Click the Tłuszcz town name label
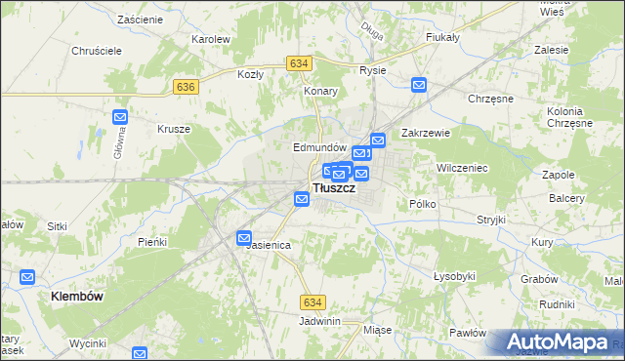(x=333, y=188)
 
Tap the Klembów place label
(x=77, y=295)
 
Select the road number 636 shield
(x=187, y=87)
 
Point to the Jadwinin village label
(x=320, y=321)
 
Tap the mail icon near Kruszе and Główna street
(x=120, y=117)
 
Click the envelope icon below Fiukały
(x=419, y=85)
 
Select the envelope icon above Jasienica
(x=244, y=237)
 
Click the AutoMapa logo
(x=558, y=341)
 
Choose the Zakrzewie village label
(x=424, y=134)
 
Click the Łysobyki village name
(x=453, y=276)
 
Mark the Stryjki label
(x=491, y=220)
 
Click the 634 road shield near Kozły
(x=299, y=63)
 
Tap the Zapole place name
(x=558, y=175)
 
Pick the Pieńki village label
(x=152, y=241)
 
